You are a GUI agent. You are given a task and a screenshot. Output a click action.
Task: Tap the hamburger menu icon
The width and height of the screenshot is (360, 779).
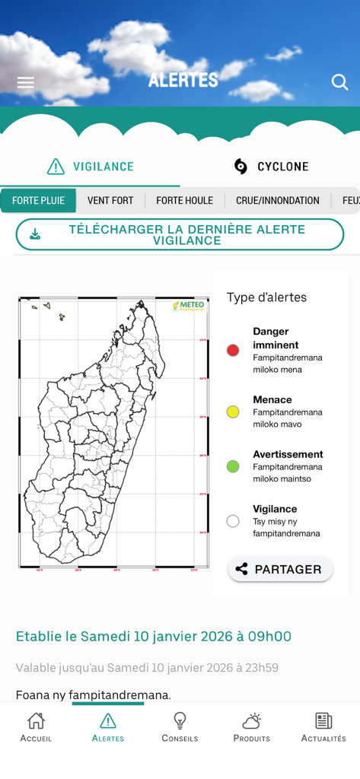click(26, 82)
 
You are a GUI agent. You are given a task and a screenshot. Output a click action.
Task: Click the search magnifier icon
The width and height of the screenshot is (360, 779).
click(339, 82)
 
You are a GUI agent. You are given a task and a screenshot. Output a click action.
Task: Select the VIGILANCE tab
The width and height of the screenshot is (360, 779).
click(90, 167)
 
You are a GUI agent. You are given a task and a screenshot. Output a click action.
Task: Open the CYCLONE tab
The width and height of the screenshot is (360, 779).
click(270, 167)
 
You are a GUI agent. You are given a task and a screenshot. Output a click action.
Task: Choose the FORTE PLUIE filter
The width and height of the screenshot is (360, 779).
click(38, 201)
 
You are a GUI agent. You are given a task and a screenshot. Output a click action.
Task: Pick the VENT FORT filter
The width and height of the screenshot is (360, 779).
click(110, 201)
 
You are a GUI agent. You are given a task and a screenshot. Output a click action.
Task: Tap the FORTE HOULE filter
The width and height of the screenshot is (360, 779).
click(184, 201)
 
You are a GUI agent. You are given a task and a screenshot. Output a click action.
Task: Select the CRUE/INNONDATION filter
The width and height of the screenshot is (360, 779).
click(277, 201)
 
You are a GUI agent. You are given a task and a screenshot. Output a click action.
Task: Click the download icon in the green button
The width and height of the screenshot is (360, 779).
click(35, 234)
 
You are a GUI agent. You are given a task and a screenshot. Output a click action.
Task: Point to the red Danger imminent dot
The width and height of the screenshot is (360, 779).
click(233, 350)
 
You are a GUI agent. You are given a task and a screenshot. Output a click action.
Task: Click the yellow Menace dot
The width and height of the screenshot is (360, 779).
click(233, 412)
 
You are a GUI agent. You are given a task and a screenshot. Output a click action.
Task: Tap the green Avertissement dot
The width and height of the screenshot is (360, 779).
click(233, 466)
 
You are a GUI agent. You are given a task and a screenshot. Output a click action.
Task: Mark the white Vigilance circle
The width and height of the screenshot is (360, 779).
click(233, 521)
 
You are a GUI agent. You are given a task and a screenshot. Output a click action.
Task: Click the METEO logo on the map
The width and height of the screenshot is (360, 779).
click(189, 306)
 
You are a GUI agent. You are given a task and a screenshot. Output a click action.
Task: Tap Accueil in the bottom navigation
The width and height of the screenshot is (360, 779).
click(36, 727)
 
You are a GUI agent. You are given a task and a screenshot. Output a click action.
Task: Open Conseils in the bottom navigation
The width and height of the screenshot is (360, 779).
click(180, 727)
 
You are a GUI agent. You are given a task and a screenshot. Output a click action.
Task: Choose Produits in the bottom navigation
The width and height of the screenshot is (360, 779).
click(251, 727)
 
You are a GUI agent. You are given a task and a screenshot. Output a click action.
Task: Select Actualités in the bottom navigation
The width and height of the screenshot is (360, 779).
click(323, 727)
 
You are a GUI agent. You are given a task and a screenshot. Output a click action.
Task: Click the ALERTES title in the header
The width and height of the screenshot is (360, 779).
click(183, 80)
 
